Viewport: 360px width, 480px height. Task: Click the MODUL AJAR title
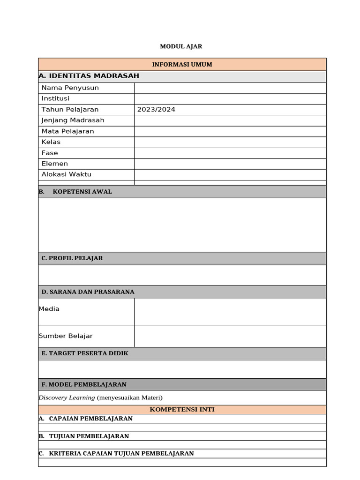tap(181, 46)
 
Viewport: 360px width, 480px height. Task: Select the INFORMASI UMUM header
tap(182, 64)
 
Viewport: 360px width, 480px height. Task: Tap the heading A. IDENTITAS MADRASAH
tap(89, 76)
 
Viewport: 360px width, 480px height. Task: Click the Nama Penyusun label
tap(70, 88)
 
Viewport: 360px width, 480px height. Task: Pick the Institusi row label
tap(55, 98)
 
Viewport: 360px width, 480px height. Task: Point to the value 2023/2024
tap(156, 109)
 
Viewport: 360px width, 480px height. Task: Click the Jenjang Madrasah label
tap(73, 120)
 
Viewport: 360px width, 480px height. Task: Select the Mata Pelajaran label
tap(67, 131)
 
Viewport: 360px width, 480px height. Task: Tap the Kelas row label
tap(51, 142)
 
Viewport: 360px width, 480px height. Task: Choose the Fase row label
tap(50, 153)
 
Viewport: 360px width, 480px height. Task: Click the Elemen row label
tap(54, 164)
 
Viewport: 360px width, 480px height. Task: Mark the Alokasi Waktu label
tap(66, 174)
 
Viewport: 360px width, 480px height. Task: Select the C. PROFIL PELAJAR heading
tap(72, 258)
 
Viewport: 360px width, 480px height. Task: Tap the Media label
tap(49, 309)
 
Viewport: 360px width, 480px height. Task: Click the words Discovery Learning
tap(67, 397)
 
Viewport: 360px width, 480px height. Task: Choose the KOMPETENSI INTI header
tap(182, 410)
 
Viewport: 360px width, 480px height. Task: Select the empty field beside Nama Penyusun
tap(230, 88)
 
